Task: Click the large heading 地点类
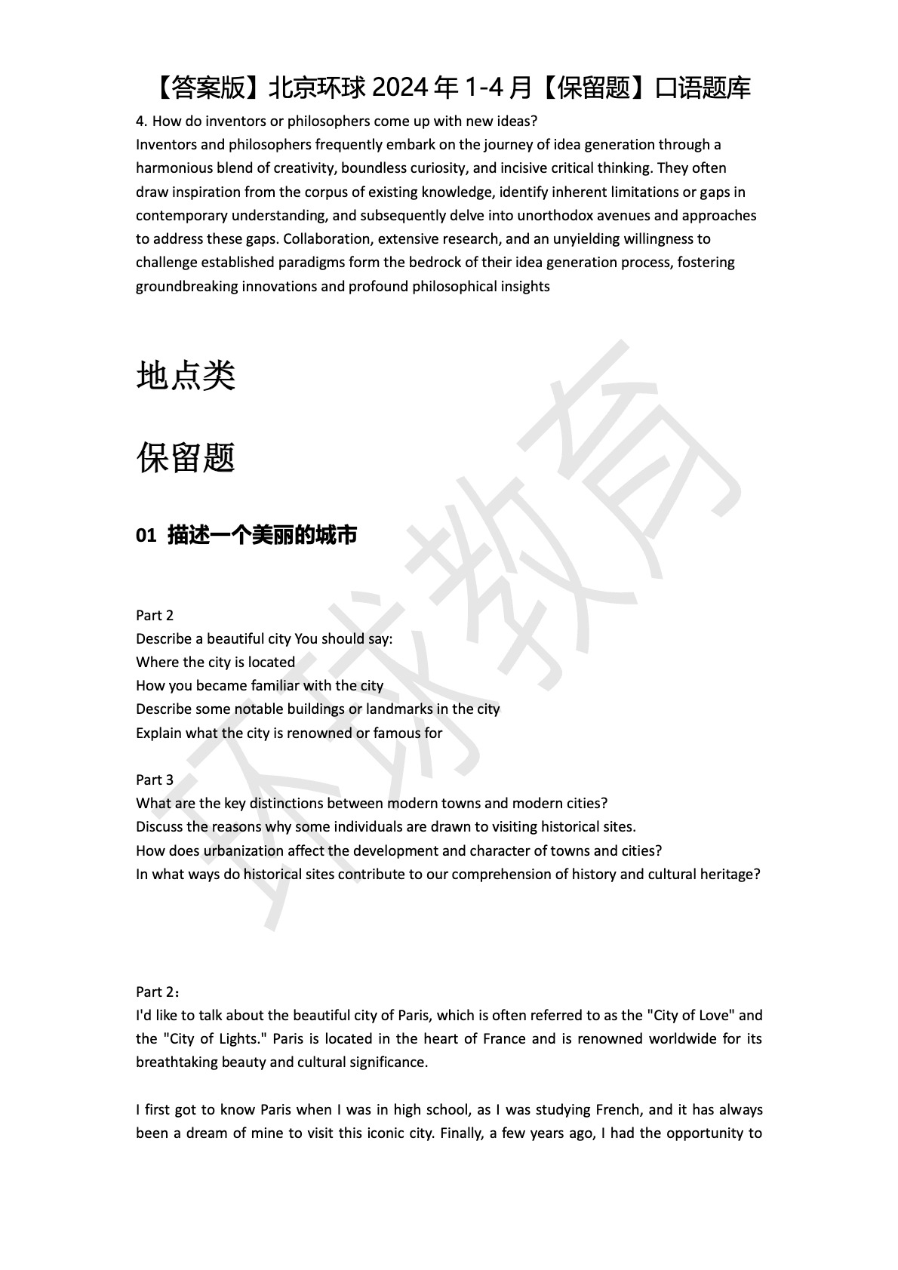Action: (x=186, y=375)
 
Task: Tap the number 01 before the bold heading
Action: (x=146, y=536)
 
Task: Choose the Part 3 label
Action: (x=155, y=780)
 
